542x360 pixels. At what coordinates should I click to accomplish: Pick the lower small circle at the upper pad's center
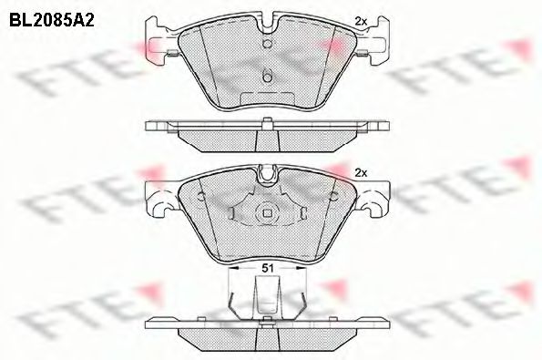pos(268,77)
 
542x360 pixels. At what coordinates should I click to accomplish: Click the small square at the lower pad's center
pos(268,215)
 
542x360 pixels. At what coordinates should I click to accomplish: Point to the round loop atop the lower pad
pos(268,172)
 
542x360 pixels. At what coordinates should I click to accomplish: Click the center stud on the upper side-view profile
pos(268,123)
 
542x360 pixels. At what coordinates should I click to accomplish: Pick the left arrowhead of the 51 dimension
pos(229,271)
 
